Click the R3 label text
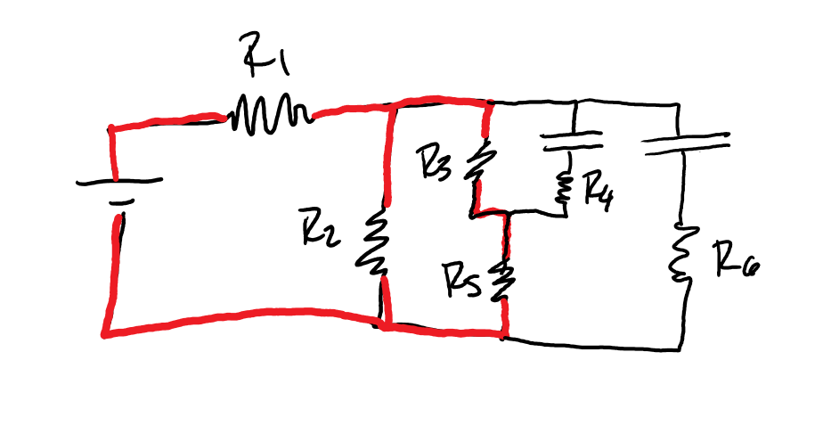coord(436,165)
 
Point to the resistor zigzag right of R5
coord(505,278)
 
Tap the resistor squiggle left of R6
coord(683,255)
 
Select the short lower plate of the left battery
coord(118,201)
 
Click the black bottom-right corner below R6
coord(684,346)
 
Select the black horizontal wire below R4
coord(536,212)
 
